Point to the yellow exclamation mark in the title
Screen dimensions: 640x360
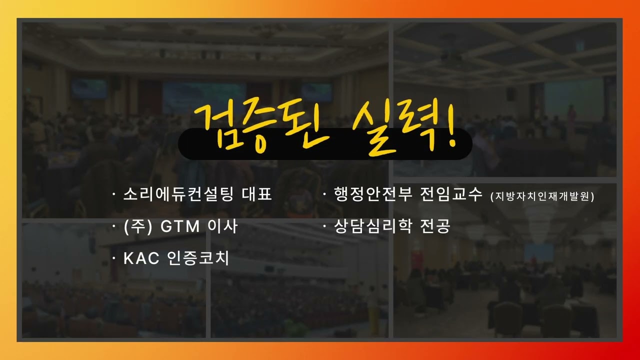pos(451,125)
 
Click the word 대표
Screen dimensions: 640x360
pos(256,194)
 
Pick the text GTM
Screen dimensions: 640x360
pos(179,226)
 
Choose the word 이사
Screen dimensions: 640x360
pos(222,226)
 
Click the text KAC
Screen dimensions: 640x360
pos(141,258)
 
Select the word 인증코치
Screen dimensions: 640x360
pos(197,258)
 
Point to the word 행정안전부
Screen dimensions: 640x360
pos(373,194)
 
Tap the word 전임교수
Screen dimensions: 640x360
pos(451,194)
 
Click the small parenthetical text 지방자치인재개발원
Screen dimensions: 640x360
pos(542,196)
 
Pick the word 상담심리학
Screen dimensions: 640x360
pos(373,226)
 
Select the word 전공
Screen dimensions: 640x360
pos(435,226)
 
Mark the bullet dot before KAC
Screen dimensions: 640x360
pos(114,258)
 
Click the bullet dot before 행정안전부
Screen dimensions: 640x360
pos(324,194)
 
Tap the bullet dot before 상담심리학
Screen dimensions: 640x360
pos(324,226)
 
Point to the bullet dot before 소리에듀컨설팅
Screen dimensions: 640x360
pos(114,194)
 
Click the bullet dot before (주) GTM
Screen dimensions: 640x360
pos(114,226)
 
